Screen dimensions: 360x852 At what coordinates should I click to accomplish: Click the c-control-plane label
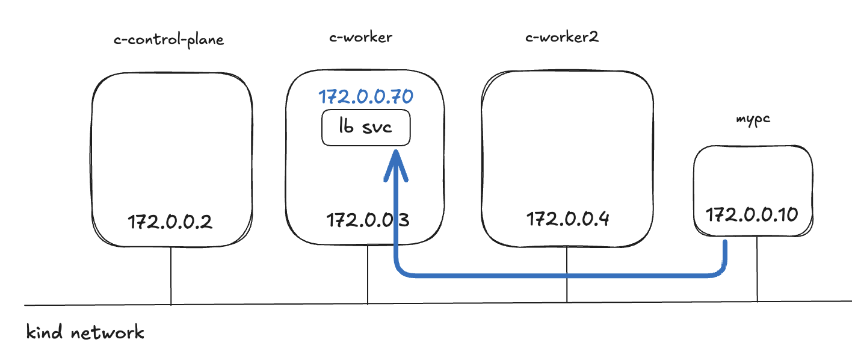168,40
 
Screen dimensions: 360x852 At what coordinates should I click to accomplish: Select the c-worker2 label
561,37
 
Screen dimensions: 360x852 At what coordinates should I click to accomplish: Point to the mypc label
753,119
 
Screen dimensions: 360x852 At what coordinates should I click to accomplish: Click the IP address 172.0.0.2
170,222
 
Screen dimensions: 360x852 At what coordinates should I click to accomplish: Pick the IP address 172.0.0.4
568,219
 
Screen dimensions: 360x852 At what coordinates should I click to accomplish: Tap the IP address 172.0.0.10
752,214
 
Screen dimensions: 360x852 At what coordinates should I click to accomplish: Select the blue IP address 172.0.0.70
366,96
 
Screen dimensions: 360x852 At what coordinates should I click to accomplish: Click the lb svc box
366,128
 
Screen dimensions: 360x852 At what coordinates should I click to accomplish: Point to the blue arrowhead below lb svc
395,165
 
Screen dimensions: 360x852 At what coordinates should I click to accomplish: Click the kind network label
85,332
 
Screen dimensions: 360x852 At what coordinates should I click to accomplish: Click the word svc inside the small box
378,128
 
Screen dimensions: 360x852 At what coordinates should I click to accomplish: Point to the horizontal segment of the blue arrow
560,276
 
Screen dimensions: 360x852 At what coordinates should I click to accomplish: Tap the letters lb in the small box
346,128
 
